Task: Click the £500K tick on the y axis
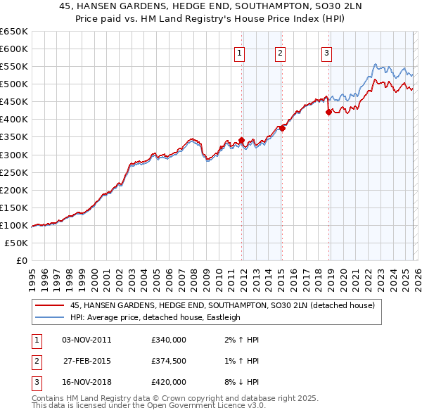click(13, 84)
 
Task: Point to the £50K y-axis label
click(15, 243)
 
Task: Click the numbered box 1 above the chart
click(240, 52)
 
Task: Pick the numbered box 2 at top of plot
click(280, 52)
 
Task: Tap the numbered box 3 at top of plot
click(327, 52)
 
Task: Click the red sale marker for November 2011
click(241, 140)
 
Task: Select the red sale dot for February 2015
click(282, 128)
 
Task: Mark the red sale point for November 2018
click(328, 112)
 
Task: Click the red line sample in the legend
click(49, 306)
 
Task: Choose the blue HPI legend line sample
click(49, 317)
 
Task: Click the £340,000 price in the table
click(169, 340)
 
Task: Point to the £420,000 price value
click(169, 382)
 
